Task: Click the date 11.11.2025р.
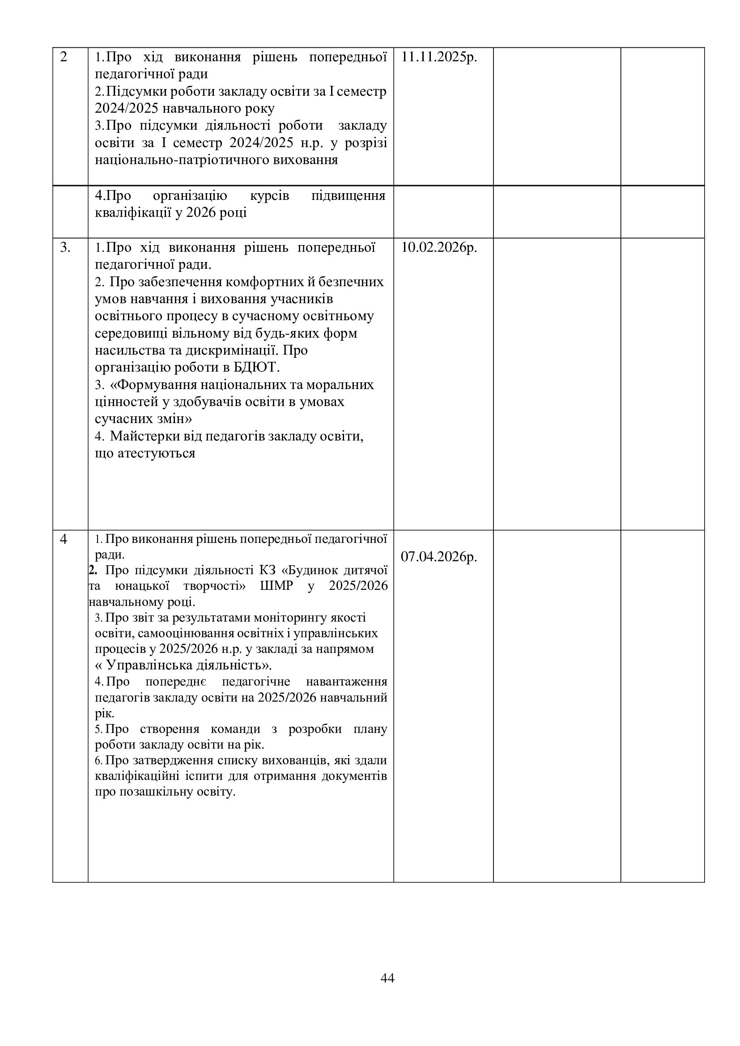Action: coord(439,57)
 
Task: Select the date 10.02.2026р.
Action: coord(439,247)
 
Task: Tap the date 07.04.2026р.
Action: coord(439,557)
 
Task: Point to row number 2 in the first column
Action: coord(64,57)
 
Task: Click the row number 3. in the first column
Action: coord(65,247)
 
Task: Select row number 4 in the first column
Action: coord(64,539)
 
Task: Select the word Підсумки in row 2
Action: coord(128,92)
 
